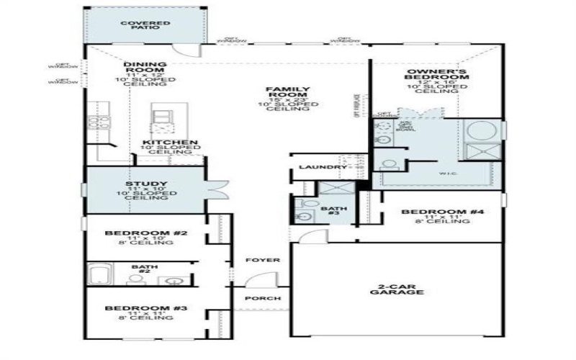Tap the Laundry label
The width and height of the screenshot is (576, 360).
323,167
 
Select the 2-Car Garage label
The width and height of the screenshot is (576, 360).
395,288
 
